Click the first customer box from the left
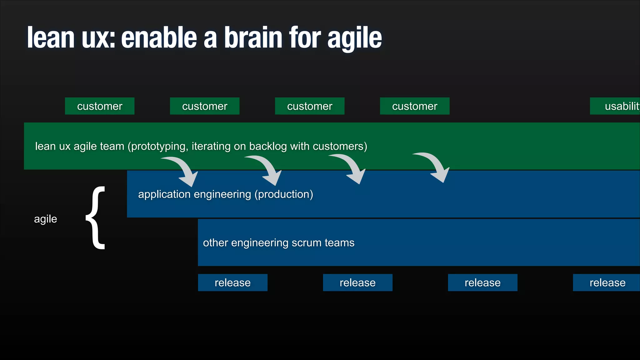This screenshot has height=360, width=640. point(100,106)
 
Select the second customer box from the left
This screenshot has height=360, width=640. point(205,106)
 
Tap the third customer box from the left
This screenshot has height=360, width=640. point(310,106)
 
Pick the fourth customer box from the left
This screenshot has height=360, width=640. point(415,106)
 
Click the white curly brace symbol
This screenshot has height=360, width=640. point(96,218)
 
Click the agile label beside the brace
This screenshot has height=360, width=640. point(46,219)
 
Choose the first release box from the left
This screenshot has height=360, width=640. point(232,282)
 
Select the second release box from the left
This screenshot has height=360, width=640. point(357,282)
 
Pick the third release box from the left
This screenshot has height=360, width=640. point(482,282)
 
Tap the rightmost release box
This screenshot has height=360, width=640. point(606,282)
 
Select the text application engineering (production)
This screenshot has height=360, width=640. point(226,194)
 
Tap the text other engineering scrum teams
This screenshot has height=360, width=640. point(279,243)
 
